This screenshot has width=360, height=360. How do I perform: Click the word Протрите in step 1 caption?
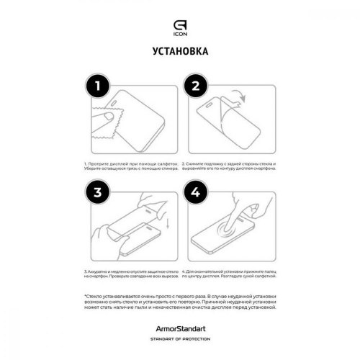click(x=95, y=164)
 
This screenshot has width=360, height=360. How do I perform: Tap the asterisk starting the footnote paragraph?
click(x=85, y=296)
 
